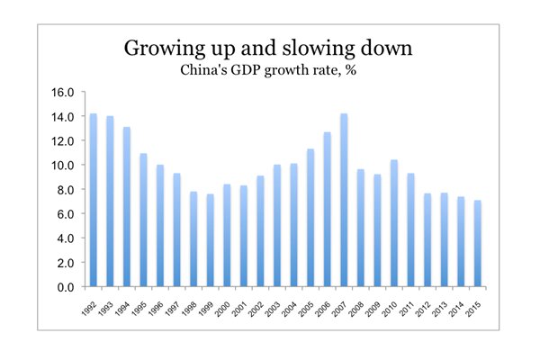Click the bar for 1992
click(94, 200)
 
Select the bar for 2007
click(344, 200)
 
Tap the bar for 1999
click(210, 240)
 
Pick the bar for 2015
click(478, 243)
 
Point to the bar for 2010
click(394, 223)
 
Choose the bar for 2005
click(310, 218)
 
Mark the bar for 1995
click(143, 220)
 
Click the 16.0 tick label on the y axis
click(63, 93)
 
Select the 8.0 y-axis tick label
click(66, 190)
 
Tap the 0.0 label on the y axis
click(66, 287)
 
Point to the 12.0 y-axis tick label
click(63, 141)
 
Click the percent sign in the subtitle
click(351, 70)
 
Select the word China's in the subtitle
click(204, 70)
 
